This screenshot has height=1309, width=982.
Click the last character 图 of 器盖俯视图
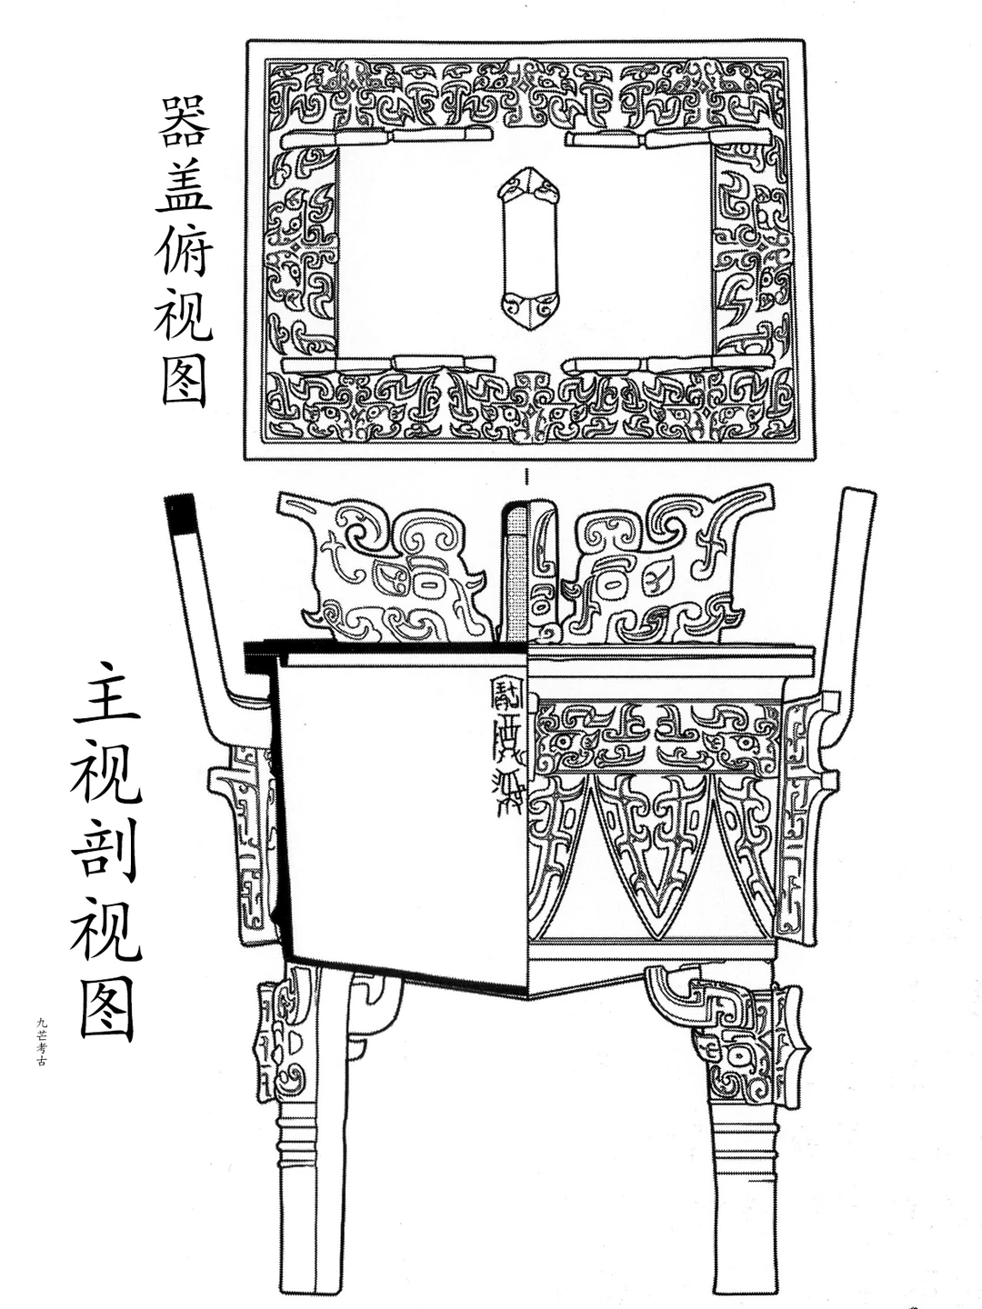[x=185, y=379]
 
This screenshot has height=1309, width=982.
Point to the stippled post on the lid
[x=516, y=573]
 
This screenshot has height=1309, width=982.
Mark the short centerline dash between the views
[x=526, y=476]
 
